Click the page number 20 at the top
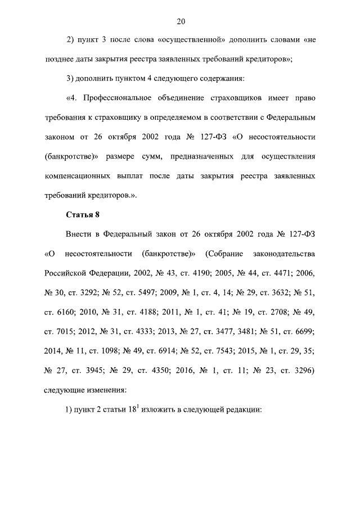click(181, 22)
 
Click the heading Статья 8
click(83, 214)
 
